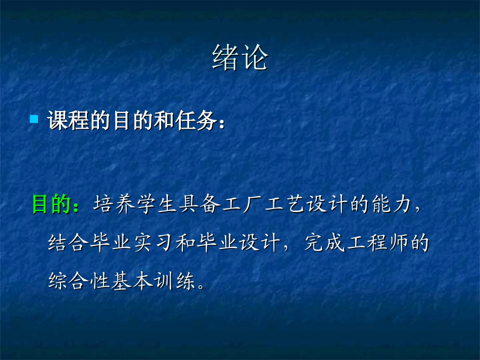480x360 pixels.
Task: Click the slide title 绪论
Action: [x=239, y=59]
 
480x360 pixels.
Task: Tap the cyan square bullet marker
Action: [x=34, y=119]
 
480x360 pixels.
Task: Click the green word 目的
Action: [x=52, y=204]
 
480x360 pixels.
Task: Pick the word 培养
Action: [x=111, y=205]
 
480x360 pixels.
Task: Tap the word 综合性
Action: [x=79, y=281]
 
